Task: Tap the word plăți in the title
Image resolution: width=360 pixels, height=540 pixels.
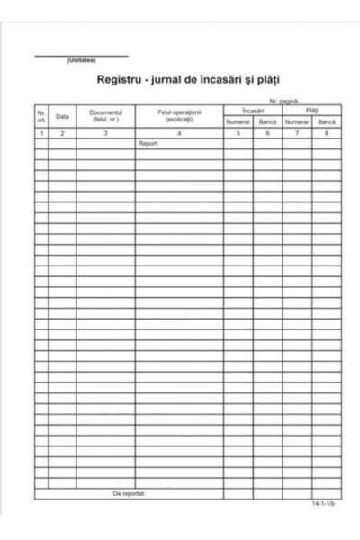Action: [256, 79]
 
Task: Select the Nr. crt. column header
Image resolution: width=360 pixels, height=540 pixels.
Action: [41, 116]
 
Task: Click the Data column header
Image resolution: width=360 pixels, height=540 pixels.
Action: [62, 116]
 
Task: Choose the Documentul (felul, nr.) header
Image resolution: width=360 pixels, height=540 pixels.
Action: [106, 116]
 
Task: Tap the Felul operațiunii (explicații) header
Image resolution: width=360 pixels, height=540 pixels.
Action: [180, 116]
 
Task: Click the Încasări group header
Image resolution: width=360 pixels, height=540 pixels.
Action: [253, 110]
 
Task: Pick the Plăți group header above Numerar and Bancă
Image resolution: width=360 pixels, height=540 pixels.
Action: [311, 110]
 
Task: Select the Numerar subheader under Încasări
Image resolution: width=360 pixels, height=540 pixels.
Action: [238, 121]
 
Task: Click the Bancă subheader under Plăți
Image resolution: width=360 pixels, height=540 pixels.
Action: [327, 121]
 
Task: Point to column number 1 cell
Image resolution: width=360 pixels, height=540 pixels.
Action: [41, 133]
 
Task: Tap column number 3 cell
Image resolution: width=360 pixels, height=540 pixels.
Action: [106, 133]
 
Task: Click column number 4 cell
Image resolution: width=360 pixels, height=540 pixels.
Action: [180, 133]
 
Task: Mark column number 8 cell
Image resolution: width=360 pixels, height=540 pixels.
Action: [327, 133]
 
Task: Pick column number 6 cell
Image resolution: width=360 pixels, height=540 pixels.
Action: [267, 133]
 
